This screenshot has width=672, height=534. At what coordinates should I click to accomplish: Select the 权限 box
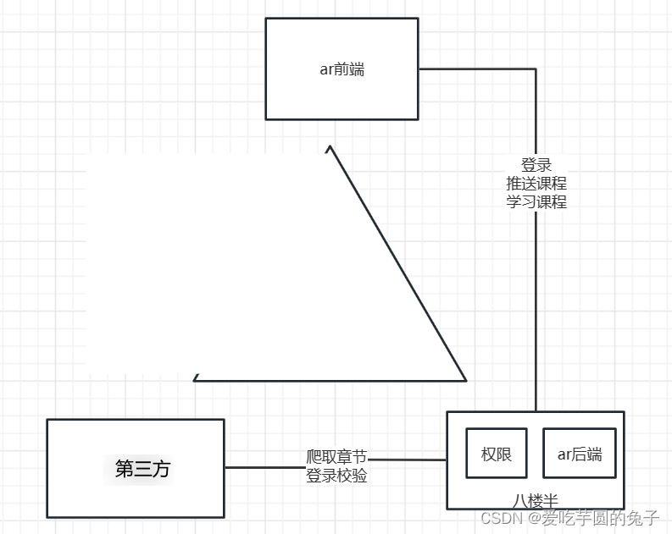496,454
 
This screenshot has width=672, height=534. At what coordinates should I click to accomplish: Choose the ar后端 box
579,454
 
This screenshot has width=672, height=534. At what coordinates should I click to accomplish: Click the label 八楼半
536,499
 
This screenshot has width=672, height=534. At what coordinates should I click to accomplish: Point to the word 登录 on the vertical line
536,165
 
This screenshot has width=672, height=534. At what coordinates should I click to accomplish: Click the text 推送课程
536,184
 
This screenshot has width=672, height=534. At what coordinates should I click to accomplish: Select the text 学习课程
536,202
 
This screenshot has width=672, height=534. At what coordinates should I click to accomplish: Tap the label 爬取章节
336,458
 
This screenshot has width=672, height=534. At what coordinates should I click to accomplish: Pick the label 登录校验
336,476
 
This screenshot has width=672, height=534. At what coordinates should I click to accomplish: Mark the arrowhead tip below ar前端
329,147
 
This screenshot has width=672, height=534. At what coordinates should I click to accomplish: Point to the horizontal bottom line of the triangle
330,381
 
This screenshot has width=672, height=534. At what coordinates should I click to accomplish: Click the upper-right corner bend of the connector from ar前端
536,69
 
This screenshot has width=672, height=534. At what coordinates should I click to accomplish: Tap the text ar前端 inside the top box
342,69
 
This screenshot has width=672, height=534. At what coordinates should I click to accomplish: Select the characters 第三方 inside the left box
142,468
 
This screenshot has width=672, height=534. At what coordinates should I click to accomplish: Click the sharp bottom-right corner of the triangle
465,380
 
